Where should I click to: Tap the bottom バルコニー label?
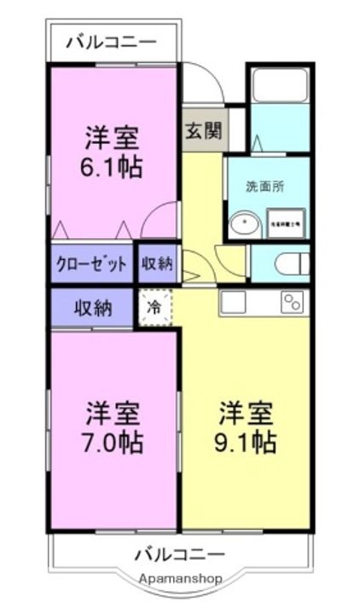pyautogui.click(x=179, y=555)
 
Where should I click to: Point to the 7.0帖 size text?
pyautogui.click(x=113, y=443)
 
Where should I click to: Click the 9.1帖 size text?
pyautogui.click(x=246, y=443)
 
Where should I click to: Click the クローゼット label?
pyautogui.click(x=92, y=264)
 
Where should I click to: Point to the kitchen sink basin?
pyautogui.click(x=233, y=302)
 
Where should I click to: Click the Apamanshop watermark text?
pyautogui.click(x=181, y=578)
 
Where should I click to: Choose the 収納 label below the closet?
pyautogui.click(x=92, y=308)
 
